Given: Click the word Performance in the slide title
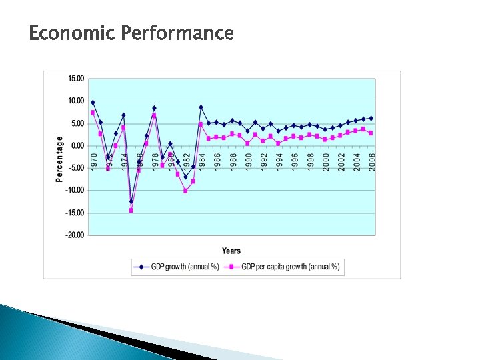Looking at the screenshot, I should pyautogui.click(x=178, y=33).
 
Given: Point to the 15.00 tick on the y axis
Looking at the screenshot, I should pyautogui.click(x=76, y=79).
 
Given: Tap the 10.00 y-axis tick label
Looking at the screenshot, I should pyautogui.click(x=76, y=101).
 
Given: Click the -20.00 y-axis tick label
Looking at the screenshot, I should pyautogui.click(x=75, y=235).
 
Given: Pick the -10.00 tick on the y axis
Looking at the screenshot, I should pyautogui.click(x=75, y=190).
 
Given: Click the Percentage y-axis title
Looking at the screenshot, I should pyautogui.click(x=59, y=159).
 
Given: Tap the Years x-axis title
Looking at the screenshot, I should pyautogui.click(x=231, y=251).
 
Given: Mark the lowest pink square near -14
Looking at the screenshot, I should pyautogui.click(x=131, y=211).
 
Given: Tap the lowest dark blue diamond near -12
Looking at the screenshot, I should pyautogui.click(x=131, y=201).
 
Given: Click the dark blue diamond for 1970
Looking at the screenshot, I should pyautogui.click(x=93, y=102).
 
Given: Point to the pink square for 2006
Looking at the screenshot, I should pyautogui.click(x=371, y=133).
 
